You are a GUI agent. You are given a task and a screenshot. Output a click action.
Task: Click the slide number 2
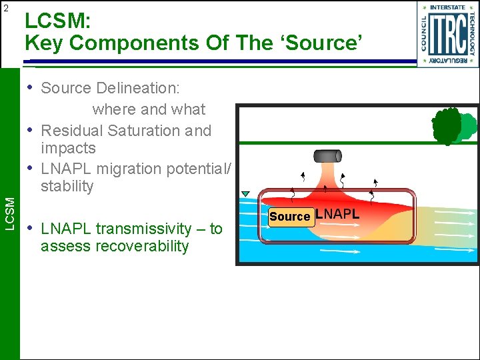coord(6,8)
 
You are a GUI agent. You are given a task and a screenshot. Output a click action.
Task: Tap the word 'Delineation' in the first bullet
coord(138,88)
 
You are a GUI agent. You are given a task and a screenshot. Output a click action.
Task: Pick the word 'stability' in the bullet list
coord(67,186)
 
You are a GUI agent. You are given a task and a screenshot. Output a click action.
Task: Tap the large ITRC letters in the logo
coord(447,33)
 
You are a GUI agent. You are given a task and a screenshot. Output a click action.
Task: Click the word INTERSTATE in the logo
coord(447,8)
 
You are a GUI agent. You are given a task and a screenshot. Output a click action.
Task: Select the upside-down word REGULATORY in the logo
coord(447,60)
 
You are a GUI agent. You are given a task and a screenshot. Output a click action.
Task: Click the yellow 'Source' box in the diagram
coord(290,217)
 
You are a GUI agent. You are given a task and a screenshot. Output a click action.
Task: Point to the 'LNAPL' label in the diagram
coord(337,215)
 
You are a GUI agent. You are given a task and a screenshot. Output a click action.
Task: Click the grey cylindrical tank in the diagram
coord(327,157)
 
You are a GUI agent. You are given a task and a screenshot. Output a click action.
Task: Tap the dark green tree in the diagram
coord(447,125)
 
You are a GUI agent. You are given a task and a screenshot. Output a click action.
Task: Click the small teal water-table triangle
coord(245,194)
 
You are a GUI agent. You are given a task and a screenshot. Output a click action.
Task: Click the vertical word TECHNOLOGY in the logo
coord(472,33)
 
